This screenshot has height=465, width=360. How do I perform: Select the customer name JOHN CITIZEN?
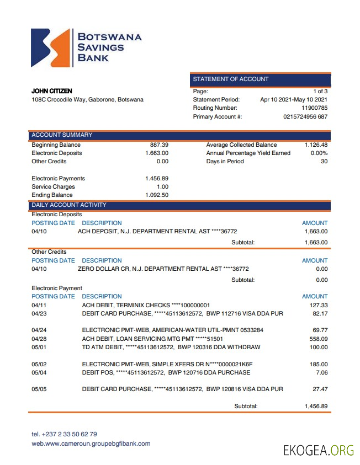click(52, 91)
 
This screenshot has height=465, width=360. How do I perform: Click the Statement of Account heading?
click(231, 79)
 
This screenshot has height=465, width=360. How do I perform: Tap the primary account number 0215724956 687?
click(305, 117)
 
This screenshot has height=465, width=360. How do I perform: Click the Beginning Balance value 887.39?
click(159, 145)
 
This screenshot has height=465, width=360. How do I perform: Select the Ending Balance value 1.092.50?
click(157, 195)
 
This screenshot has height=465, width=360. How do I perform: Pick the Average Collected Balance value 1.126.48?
click(316, 145)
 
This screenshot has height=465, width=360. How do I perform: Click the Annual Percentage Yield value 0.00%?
click(319, 153)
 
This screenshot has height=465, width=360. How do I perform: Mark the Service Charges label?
click(53, 187)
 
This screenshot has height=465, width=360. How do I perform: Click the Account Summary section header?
click(62, 135)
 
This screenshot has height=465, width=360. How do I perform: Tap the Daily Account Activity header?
click(69, 205)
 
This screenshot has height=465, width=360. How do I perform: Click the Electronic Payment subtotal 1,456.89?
click(316, 407)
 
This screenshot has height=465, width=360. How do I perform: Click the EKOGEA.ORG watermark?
click(319, 450)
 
